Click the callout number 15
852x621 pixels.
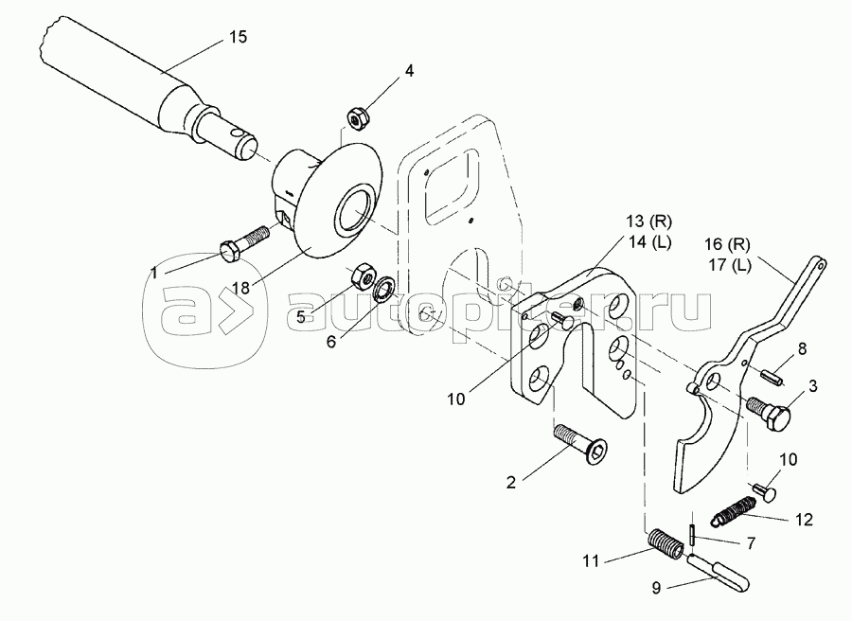pos(238,37)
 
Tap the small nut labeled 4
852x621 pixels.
pos(357,118)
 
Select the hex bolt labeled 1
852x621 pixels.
pos(244,242)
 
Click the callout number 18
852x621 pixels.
pos(240,288)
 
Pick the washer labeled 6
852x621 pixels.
pos(385,289)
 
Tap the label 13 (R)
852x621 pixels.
pos(649,222)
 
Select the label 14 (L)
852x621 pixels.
pos(648,242)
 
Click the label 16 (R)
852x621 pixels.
pos(728,245)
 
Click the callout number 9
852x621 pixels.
pos(656,589)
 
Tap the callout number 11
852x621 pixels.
pos(591,559)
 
